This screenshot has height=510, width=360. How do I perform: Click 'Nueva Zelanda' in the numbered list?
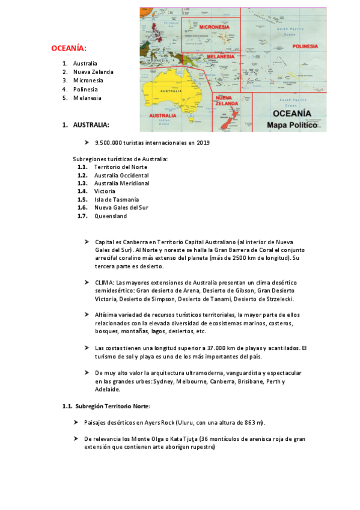pos(93,72)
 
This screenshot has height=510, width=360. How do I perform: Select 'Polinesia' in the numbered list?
pos(85,90)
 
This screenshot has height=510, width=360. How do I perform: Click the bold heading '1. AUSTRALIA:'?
pos(86,125)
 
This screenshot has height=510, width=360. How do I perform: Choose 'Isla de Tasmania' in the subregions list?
pos(116,200)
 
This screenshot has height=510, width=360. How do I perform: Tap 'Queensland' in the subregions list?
pos(111,216)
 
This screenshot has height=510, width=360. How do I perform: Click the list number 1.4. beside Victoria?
pos(82,191)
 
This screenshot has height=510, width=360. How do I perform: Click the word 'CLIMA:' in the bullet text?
pos(105,282)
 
